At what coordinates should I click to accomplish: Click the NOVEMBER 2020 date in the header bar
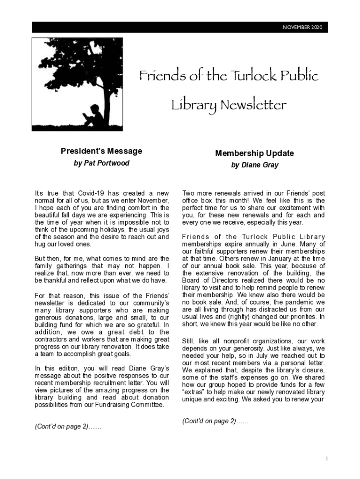pos(302,28)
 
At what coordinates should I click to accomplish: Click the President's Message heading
pos(101,151)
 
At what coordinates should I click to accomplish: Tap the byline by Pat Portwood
pos(101,163)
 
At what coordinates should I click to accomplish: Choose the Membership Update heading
pos(254,153)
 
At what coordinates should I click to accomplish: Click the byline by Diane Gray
pos(254,165)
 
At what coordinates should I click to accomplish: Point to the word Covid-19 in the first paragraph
pos(94,193)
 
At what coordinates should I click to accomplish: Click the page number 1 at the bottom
pos(326,459)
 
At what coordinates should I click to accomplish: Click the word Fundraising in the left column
pos(125,405)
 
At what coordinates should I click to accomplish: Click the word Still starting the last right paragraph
pos(188,341)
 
